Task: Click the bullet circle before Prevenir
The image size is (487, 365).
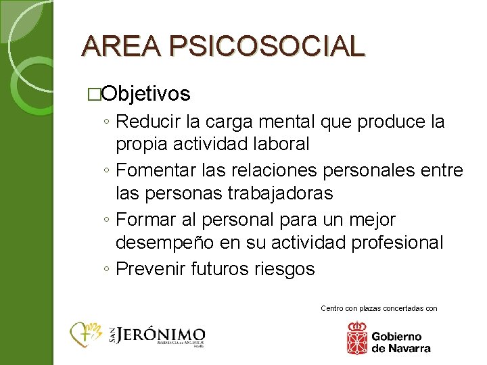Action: point(108,269)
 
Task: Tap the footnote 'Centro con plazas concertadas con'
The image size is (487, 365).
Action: point(379,308)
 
